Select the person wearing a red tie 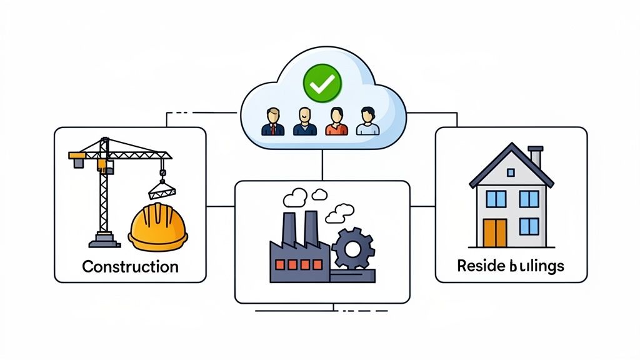tap(272, 122)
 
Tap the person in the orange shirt tap(336, 122)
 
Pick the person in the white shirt tap(367, 122)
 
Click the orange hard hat tap(157, 226)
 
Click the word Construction tap(130, 267)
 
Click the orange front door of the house tap(495, 233)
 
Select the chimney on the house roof tap(536, 156)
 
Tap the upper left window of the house tap(496, 199)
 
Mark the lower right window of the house tap(529, 226)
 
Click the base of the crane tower tap(104, 240)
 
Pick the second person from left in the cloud tap(304, 122)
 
